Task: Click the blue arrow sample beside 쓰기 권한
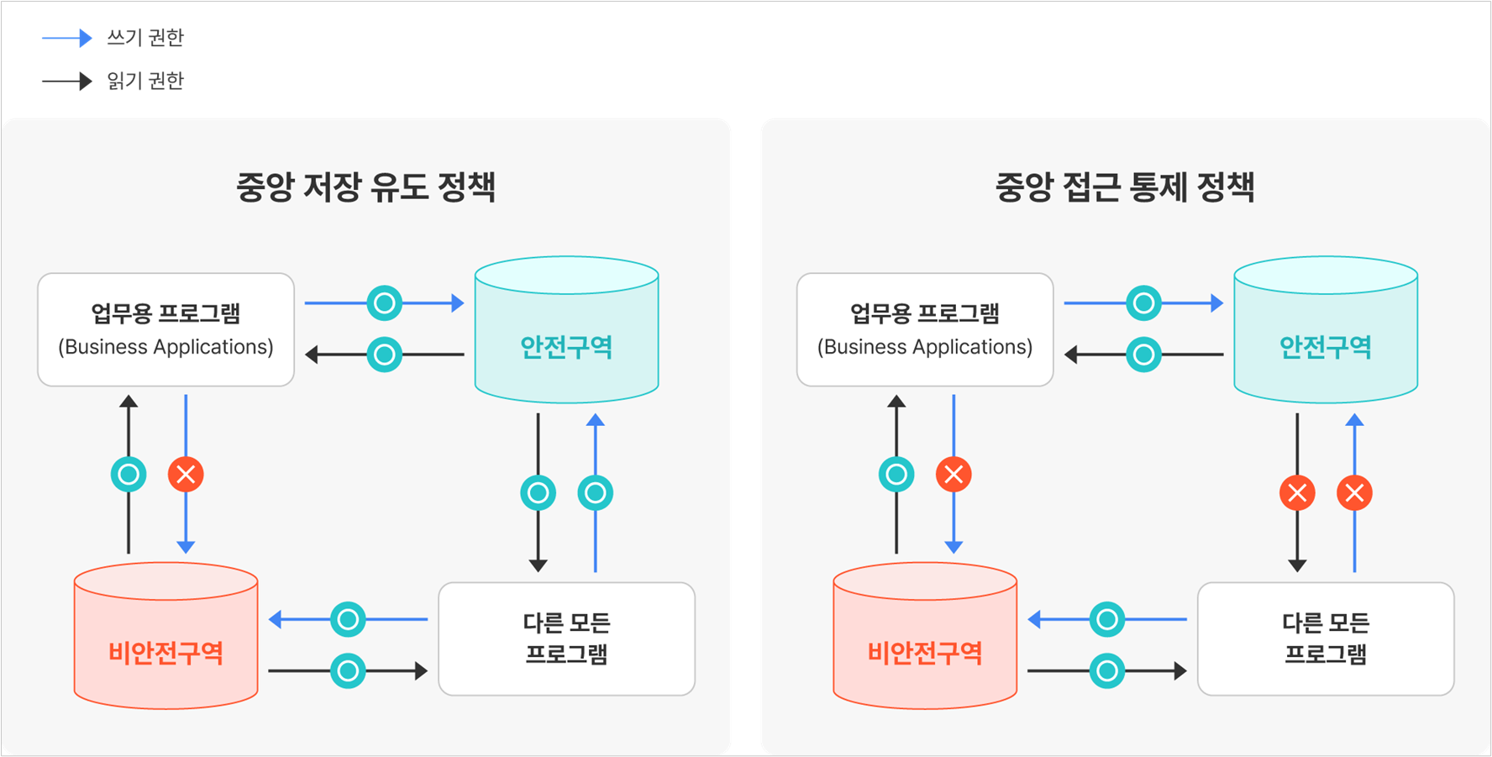click(x=66, y=38)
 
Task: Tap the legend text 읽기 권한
click(x=145, y=81)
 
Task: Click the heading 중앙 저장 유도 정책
click(x=365, y=187)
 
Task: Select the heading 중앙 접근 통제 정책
click(x=1125, y=187)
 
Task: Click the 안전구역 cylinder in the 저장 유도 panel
click(x=567, y=329)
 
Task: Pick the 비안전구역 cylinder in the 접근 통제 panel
click(x=925, y=636)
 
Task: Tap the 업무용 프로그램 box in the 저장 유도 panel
click(x=166, y=329)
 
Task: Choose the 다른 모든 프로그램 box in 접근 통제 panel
click(x=1326, y=639)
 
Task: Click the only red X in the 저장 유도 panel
click(x=186, y=475)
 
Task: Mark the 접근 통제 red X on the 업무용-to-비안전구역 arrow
click(x=954, y=475)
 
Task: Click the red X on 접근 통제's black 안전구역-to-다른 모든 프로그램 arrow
click(x=1297, y=493)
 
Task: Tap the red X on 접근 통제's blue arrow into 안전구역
click(x=1354, y=493)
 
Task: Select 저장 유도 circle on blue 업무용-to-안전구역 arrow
click(x=385, y=303)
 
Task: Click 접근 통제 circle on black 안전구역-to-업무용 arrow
click(x=1143, y=355)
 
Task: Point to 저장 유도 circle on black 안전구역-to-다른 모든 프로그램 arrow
click(x=538, y=493)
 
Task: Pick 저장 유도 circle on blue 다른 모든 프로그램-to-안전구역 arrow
click(x=596, y=493)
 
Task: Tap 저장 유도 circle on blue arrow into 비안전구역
click(x=348, y=620)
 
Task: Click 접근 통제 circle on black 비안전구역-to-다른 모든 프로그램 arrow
click(x=1107, y=671)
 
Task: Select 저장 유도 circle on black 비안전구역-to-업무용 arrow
click(x=129, y=475)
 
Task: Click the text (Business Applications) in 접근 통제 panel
click(x=925, y=347)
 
